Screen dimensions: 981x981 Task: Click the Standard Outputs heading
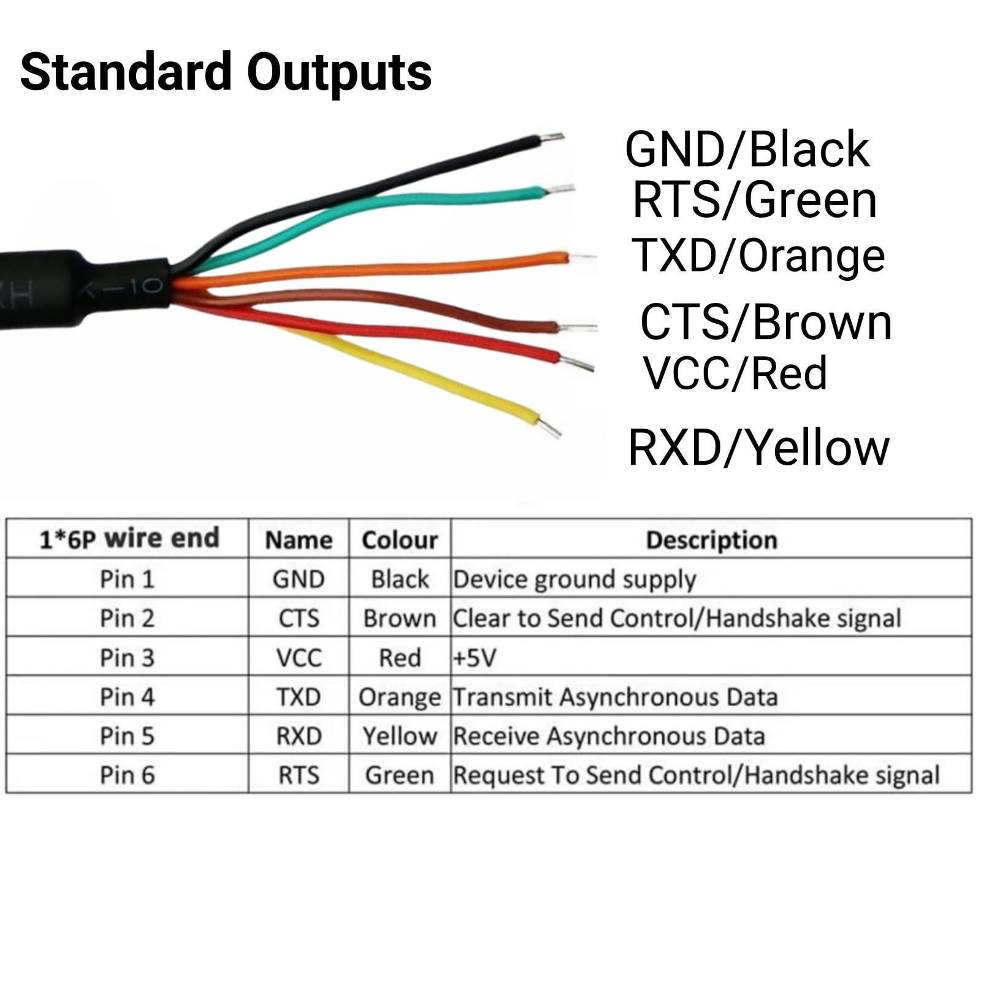(x=226, y=72)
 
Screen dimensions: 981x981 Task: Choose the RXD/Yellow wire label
(x=758, y=448)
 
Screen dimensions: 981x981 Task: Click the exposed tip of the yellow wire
(x=550, y=427)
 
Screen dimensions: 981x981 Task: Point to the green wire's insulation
(x=429, y=197)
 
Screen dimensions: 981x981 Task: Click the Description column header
(x=711, y=540)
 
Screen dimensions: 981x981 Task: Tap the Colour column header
(x=400, y=540)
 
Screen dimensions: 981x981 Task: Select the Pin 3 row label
(x=127, y=658)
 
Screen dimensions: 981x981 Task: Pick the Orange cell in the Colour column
(x=400, y=697)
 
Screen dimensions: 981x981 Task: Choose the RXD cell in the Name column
(x=299, y=736)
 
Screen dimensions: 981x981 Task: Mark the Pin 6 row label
(x=127, y=775)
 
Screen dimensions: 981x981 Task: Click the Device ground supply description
(x=574, y=579)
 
